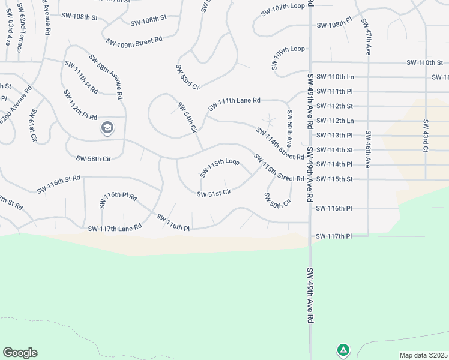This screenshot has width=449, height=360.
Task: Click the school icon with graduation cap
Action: pos(107,128)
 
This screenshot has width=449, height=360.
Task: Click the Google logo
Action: pos(20,353)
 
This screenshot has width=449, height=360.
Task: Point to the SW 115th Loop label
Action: pos(220,168)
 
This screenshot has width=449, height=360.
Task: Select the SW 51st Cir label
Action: pos(214,193)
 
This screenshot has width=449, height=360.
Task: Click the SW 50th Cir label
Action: pos(277,200)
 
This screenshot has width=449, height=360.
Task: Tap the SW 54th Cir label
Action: pos(187,118)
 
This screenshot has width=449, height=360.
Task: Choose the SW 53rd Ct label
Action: pos(188,77)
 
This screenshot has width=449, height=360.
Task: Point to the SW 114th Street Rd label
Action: pos(280,144)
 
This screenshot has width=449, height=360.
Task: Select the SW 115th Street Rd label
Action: pos(279,169)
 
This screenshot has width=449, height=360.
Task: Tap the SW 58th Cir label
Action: pos(94,159)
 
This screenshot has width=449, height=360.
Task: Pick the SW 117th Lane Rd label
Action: pos(115,228)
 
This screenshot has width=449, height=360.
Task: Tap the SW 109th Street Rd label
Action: pos(134,40)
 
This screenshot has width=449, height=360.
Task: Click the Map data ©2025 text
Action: pos(424,355)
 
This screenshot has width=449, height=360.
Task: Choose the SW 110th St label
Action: pos(424,62)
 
